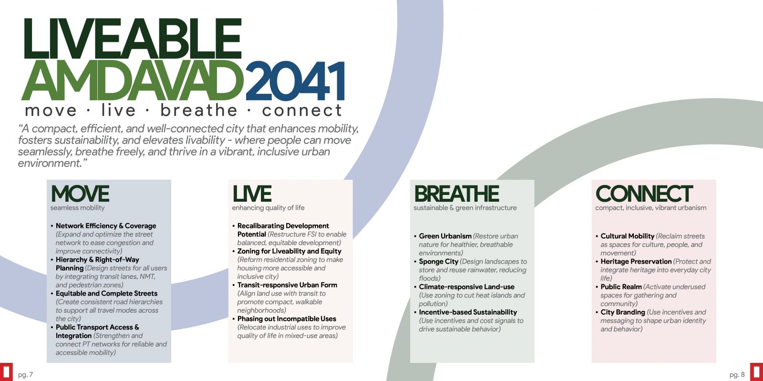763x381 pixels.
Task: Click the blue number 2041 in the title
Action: coord(295,82)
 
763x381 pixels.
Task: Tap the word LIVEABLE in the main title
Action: coord(133,39)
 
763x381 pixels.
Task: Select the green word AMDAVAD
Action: coord(133,81)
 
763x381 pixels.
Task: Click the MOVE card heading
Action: coord(80,194)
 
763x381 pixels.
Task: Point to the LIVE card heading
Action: coord(252,194)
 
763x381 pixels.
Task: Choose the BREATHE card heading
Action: coord(456,194)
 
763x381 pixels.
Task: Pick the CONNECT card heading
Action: coord(644,194)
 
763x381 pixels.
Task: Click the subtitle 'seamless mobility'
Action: coord(78,208)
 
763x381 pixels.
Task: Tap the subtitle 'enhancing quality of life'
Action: coord(268,208)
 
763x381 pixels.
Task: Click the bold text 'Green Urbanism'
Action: coord(445,236)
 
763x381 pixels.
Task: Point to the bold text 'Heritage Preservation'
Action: coord(636,261)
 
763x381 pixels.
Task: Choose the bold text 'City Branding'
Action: coord(623,312)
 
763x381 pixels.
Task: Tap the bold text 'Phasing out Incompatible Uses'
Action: coord(287,319)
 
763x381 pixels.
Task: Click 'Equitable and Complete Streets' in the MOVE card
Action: coord(107,293)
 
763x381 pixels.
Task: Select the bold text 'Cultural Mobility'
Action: coord(628,236)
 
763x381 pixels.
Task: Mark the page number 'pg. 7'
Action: coord(26,375)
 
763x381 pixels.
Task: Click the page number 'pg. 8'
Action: coord(737,375)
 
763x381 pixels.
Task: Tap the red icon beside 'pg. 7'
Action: coord(6,372)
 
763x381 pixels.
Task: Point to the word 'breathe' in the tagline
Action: coord(198,110)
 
